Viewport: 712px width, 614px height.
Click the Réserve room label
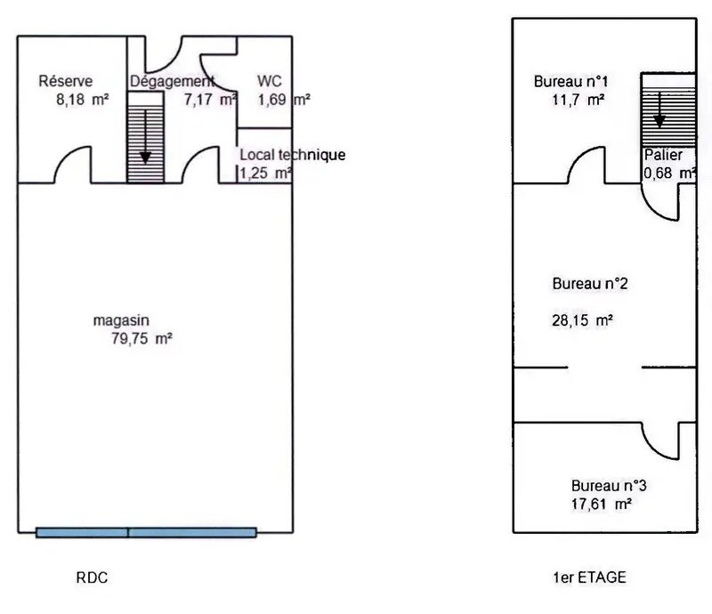coord(65,82)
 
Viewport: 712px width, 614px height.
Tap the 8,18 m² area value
coord(82,100)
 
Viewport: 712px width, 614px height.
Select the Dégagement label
coord(172,82)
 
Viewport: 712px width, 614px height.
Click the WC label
coord(270,82)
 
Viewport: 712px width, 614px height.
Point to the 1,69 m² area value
coord(284,100)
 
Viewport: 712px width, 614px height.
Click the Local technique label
coord(292,155)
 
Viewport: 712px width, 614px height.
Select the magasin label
coord(121,319)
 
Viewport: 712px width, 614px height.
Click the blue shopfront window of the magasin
coord(147,533)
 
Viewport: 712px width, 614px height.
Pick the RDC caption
coord(93,578)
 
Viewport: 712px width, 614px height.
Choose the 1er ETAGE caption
coord(589,578)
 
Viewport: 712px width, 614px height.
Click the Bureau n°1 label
coord(570,82)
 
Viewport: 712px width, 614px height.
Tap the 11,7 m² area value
coord(578,100)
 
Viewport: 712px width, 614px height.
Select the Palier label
coord(664,154)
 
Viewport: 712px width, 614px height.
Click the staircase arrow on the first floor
coord(659,109)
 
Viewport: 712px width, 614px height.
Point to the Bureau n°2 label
coord(591,285)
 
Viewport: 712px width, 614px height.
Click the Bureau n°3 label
coord(609,486)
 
